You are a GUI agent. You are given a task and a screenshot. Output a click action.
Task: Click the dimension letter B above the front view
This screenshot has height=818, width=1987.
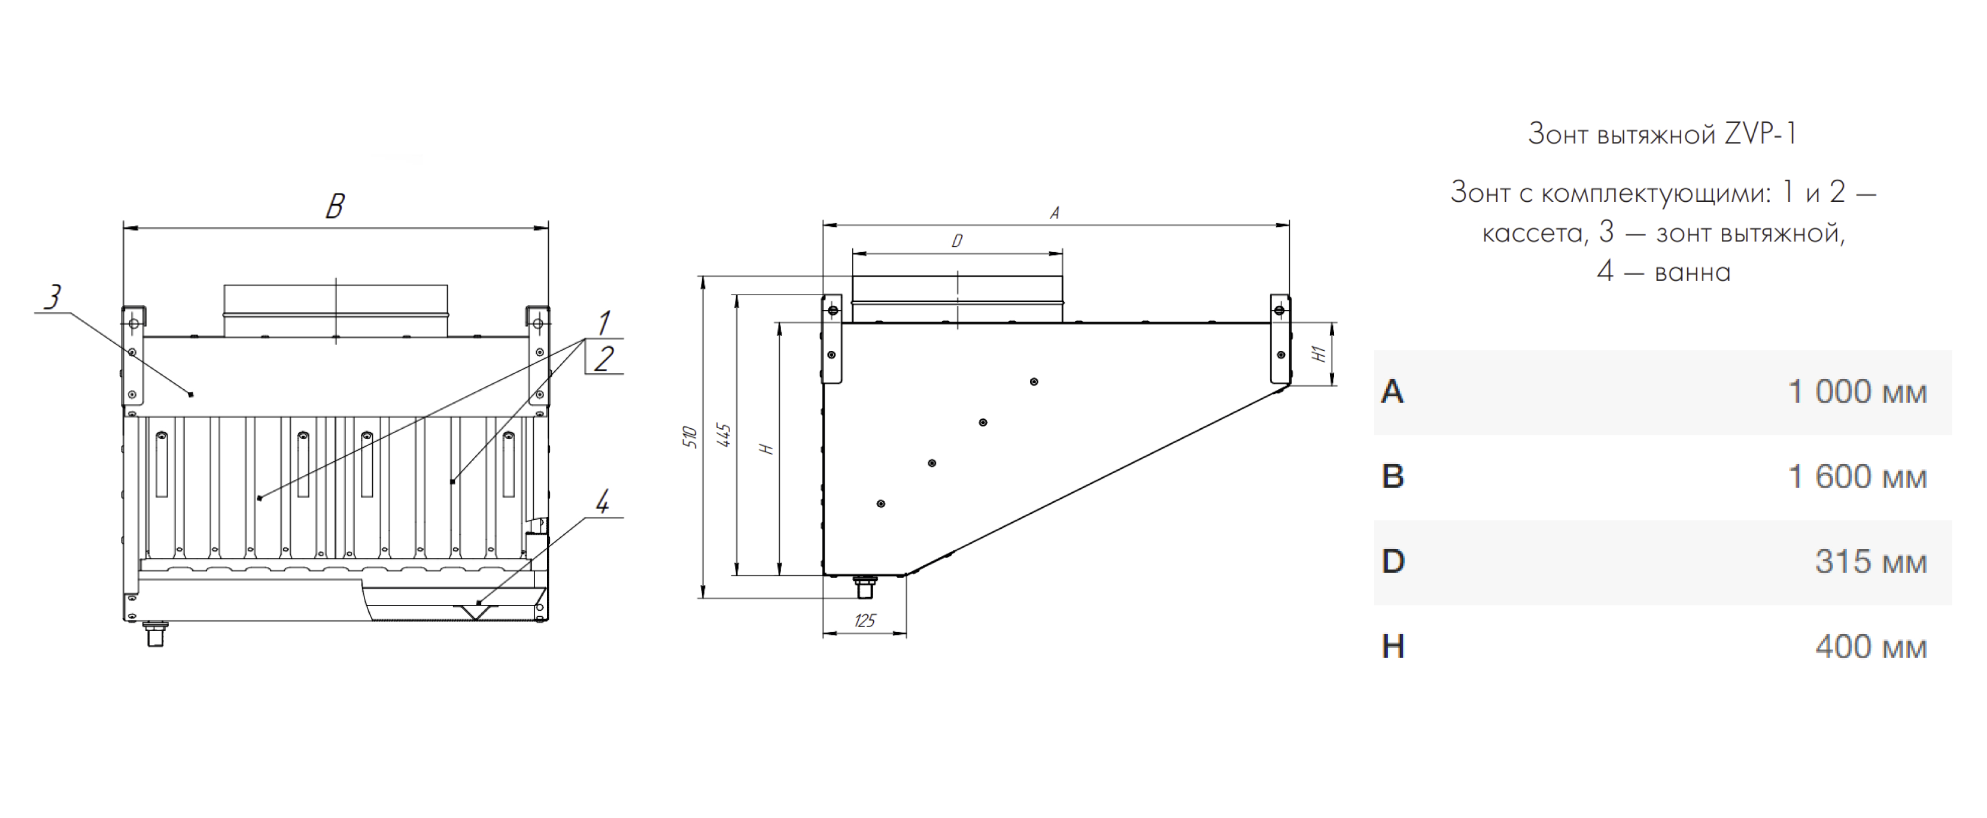pos(335,206)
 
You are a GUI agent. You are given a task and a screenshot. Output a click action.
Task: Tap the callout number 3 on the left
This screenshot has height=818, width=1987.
pos(53,296)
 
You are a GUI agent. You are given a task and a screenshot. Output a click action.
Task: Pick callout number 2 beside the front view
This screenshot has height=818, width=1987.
pos(604,359)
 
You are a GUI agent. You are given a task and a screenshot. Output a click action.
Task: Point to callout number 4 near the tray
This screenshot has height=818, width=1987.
pos(603,502)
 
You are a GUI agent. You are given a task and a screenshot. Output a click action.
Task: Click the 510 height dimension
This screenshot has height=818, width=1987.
pos(689,437)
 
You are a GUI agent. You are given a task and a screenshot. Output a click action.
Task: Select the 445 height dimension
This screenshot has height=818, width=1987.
pos(724,435)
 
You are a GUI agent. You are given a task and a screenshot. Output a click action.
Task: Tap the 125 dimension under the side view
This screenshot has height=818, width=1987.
pos(865,620)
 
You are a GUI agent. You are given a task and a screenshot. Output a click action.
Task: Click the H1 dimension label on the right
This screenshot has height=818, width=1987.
pos(1320,353)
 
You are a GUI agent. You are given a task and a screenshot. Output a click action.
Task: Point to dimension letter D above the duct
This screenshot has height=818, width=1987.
pos(957,241)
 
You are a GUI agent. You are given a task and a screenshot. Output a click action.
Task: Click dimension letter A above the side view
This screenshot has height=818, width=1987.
pos(1055,212)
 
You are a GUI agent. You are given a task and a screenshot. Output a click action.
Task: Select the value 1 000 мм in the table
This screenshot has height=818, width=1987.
pos(1857,392)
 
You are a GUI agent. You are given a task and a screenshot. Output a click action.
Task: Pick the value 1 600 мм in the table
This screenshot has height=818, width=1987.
pos(1857,477)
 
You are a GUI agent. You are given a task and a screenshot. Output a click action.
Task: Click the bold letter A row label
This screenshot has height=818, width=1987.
pos(1392,392)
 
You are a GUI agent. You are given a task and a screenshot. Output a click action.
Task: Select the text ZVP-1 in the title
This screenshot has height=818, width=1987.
pos(1760,134)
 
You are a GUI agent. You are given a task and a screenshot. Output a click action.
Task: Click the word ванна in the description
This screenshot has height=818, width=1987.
pos(1693,273)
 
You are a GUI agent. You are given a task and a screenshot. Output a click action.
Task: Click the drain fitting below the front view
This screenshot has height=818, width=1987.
pos(156,634)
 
